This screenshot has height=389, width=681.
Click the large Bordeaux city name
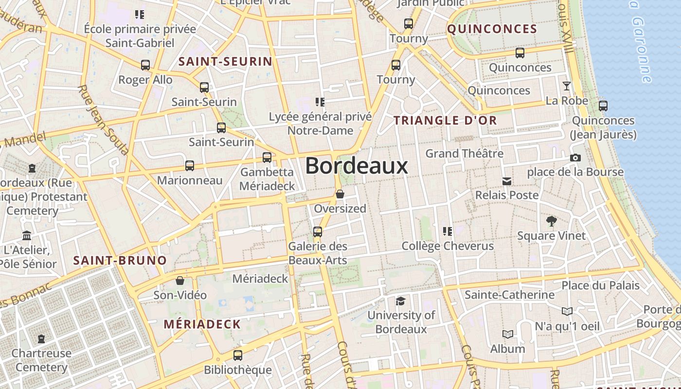tap(357, 166)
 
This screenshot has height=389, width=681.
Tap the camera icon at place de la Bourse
tap(575, 158)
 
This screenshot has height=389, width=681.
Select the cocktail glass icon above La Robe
tap(567, 87)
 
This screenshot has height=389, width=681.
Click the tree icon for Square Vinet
tap(551, 221)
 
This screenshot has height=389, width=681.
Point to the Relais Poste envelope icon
tap(507, 181)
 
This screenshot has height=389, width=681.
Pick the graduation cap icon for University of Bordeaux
tap(400, 301)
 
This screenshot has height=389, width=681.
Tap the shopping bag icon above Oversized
tap(340, 194)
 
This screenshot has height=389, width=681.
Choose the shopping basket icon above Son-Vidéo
tap(180, 281)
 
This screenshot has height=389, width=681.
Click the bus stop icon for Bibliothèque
tap(237, 355)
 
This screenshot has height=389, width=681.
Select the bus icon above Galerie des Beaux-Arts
tap(318, 231)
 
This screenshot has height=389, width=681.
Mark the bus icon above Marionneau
tap(190, 166)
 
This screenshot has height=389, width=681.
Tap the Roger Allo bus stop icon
tap(145, 65)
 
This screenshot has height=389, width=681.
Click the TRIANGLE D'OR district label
tap(445, 121)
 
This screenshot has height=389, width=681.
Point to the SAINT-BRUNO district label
tap(120, 260)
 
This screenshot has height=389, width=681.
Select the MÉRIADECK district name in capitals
tap(202, 324)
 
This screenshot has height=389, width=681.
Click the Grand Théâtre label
tap(465, 154)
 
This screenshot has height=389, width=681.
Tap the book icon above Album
tap(508, 334)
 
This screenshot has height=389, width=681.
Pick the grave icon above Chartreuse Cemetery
tap(41, 338)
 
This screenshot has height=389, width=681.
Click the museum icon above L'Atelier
tap(27, 235)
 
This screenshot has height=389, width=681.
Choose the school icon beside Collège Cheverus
tap(447, 231)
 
